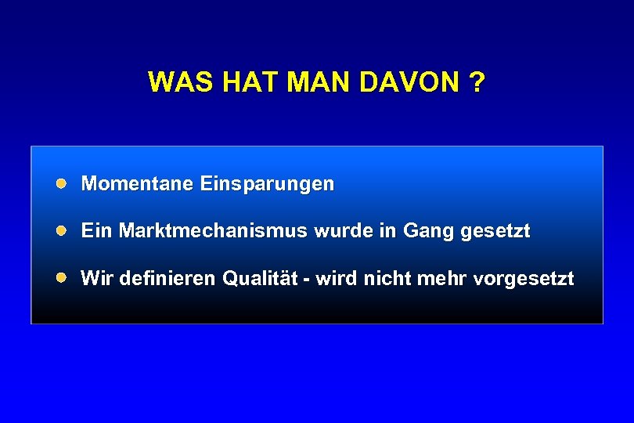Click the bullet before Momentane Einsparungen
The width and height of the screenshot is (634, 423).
(x=61, y=183)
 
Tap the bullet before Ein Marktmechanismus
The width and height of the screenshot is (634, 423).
(x=61, y=230)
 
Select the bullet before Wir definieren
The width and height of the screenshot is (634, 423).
(x=61, y=277)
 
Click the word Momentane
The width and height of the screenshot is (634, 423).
(x=138, y=184)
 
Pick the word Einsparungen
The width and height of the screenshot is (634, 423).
(x=267, y=184)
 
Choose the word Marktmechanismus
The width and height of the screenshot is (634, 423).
(x=214, y=231)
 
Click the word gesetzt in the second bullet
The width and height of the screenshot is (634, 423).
(x=496, y=232)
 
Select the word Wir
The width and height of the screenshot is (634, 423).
(x=96, y=278)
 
